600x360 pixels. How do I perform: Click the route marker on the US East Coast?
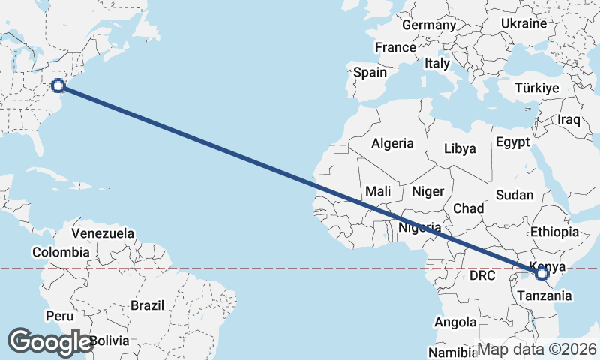tap(58, 85)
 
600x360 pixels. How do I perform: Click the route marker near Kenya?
tap(543, 274)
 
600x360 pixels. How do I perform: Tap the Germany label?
tap(429, 25)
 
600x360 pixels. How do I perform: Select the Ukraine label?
tap(523, 23)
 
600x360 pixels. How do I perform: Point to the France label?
tap(395, 47)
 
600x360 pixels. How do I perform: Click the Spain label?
tap(370, 73)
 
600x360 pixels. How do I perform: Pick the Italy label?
tap(436, 64)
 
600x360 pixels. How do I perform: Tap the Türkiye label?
tap(537, 88)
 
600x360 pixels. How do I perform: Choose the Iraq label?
tap(569, 120)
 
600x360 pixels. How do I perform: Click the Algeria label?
tap(393, 143)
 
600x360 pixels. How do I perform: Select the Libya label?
tap(460, 148)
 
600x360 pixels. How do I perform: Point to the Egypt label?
tap(513, 142)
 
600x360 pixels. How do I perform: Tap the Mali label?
tap(379, 191)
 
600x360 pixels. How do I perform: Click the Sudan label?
tap(514, 195)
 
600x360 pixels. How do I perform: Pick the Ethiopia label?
tap(554, 232)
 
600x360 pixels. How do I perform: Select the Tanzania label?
tap(544, 296)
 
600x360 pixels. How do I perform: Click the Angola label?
tap(455, 322)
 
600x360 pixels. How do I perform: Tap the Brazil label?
tap(147, 306)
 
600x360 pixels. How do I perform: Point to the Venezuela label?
tap(103, 233)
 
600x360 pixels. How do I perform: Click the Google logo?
tap(50, 341)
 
